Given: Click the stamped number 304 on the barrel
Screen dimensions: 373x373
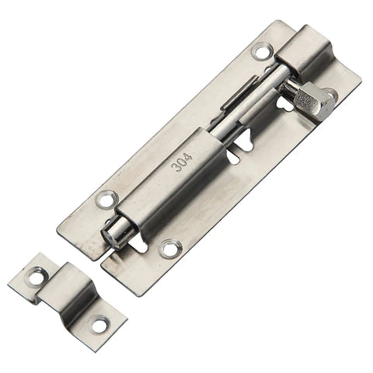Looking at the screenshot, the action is tap(182, 162).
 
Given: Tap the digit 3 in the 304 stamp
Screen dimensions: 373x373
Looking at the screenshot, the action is tap(177, 167).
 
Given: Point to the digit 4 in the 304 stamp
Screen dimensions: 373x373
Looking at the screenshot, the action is tap(187, 158).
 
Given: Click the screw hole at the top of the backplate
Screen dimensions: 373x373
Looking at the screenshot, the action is tap(263, 51).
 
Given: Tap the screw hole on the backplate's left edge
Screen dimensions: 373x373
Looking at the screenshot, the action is tap(106, 199).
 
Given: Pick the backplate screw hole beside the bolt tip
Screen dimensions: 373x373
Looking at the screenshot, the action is tap(169, 249).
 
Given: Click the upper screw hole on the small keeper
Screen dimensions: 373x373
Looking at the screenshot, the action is tap(35, 277).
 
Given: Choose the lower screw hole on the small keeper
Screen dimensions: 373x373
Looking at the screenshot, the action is tap(99, 323).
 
